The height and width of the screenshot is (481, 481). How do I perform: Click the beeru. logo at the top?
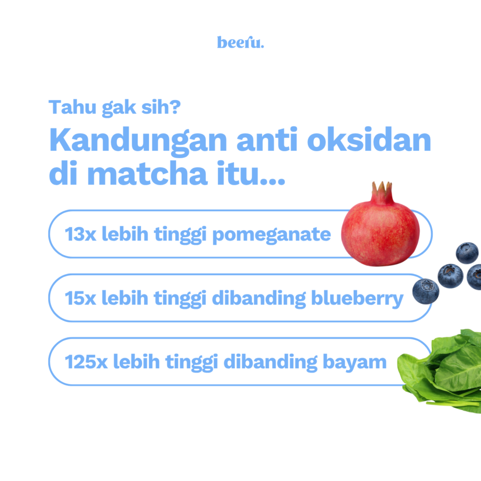click(241, 43)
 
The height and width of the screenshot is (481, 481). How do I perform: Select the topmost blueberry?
click(467, 252)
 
